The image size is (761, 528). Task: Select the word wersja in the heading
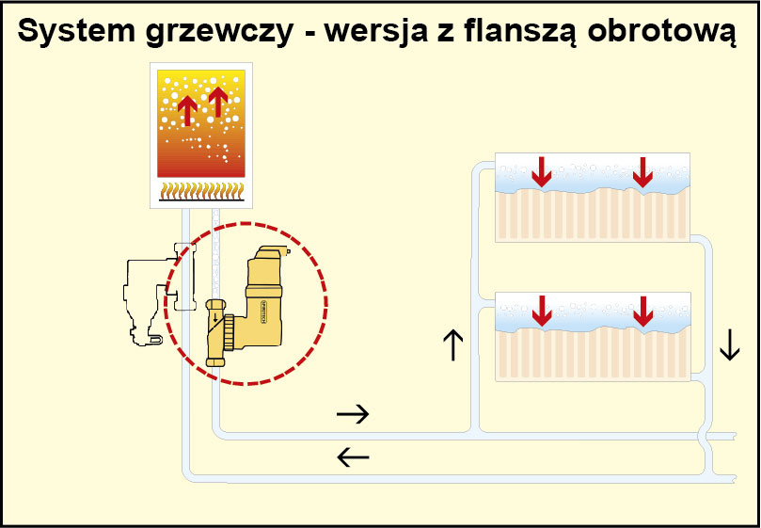[x=375, y=32]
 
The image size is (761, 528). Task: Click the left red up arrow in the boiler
[x=187, y=109]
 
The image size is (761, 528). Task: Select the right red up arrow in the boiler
[x=218, y=100]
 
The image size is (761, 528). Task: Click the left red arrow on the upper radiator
[x=542, y=170]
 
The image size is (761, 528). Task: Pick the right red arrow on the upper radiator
[x=642, y=170]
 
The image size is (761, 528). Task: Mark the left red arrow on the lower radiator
[x=542, y=310]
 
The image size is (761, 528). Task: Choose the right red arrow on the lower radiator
[x=642, y=310]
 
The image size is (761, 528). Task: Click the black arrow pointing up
[x=452, y=344]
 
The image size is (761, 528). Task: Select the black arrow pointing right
[x=353, y=413]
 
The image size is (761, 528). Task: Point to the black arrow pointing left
[x=353, y=458]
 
